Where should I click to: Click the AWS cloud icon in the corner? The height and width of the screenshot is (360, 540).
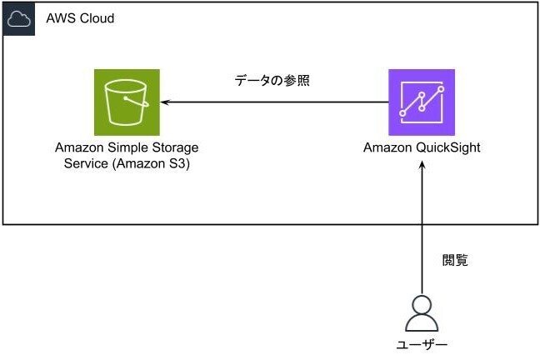tap(19, 19)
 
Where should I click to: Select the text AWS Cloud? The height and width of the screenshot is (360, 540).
tap(80, 18)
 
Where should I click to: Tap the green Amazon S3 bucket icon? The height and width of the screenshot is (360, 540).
tap(127, 102)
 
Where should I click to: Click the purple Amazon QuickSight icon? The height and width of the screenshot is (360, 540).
tap(422, 102)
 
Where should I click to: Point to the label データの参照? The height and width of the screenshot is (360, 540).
tap(272, 80)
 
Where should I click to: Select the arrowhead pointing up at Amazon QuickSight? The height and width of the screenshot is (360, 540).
tap(422, 166)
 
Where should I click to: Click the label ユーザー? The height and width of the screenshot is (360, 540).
tap(422, 344)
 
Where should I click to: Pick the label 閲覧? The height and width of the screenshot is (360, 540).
tap(455, 260)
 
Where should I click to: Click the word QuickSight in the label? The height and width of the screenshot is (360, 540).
tap(447, 147)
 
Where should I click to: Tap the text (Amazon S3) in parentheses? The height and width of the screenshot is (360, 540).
tap(151, 163)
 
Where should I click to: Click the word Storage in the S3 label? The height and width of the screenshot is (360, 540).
tap(175, 147)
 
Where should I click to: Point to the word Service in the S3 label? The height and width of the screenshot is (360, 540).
tap(86, 163)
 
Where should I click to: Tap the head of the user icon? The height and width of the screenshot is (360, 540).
tap(422, 305)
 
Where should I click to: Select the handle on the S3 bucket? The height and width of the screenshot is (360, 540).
tap(137, 101)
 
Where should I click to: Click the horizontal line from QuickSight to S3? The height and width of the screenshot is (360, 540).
tap(274, 102)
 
